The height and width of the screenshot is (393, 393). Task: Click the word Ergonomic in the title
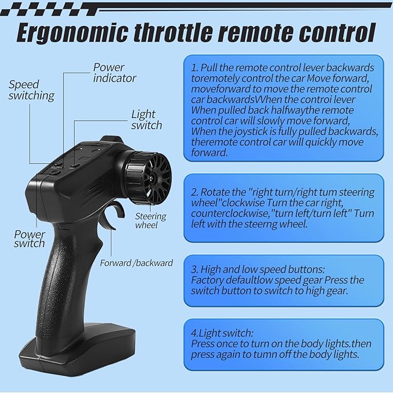[72, 33]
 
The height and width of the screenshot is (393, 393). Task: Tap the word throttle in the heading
[172, 33]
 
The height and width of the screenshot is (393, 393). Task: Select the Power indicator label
[115, 73]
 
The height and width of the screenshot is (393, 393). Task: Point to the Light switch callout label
[146, 120]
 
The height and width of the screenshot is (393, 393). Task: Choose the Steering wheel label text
[150, 221]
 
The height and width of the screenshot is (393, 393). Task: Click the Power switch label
[30, 239]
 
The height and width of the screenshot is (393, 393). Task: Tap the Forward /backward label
[137, 263]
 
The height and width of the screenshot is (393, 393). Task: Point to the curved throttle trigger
[118, 213]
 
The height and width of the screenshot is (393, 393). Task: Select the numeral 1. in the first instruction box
[194, 68]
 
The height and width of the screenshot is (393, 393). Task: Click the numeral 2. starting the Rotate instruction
[194, 192]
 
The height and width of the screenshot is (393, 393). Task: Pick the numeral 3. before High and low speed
[194, 270]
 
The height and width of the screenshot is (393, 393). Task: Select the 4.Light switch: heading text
[222, 333]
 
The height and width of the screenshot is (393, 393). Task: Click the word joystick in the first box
[251, 131]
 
